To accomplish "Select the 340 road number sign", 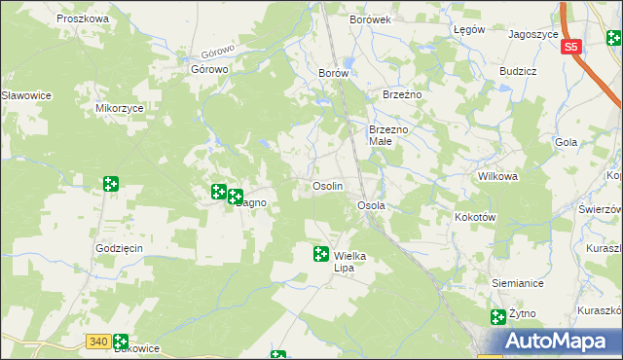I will click(x=96, y=342).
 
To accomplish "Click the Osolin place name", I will click(x=326, y=186).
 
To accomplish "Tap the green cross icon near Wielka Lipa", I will click(x=320, y=254).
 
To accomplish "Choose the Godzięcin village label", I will click(x=120, y=248).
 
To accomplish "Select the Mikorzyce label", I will click(x=120, y=109).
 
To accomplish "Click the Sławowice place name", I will click(x=26, y=95).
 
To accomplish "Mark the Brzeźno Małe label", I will click(x=392, y=135).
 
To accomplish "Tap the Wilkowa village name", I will click(x=496, y=177).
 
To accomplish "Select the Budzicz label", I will click(x=518, y=72).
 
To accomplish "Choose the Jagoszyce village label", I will click(x=532, y=33).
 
